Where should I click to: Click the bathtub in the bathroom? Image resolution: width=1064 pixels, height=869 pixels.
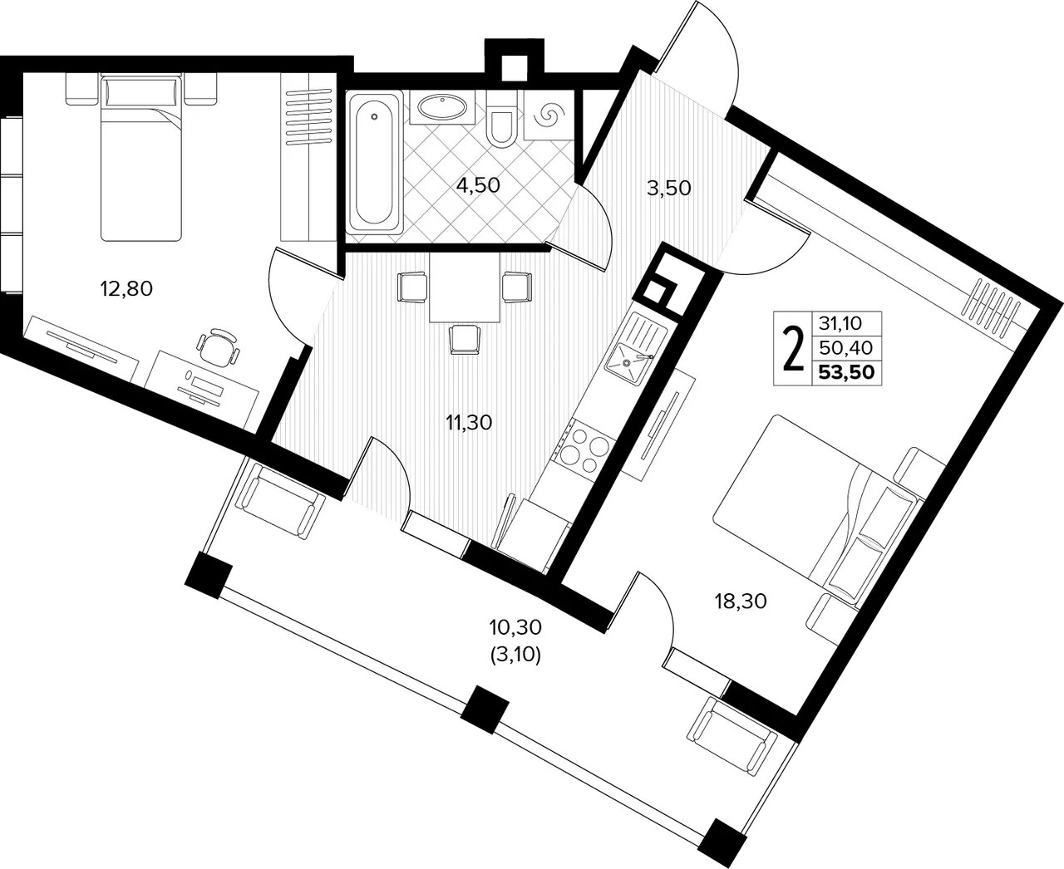pyautogui.click(x=374, y=161)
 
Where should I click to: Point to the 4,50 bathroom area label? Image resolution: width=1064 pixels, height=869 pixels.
pyautogui.click(x=478, y=185)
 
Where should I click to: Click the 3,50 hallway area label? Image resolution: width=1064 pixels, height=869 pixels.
pyautogui.click(x=668, y=188)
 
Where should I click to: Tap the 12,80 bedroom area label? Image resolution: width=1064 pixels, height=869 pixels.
pyautogui.click(x=126, y=289)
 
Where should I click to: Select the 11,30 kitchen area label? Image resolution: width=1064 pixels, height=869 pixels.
pyautogui.click(x=469, y=423)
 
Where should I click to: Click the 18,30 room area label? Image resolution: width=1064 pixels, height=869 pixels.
pyautogui.click(x=741, y=601)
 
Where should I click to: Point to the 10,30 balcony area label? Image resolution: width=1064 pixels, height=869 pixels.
pyautogui.click(x=515, y=627)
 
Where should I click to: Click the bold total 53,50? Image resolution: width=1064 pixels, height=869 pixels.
pyautogui.click(x=846, y=373)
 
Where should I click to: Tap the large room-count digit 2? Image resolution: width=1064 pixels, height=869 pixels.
pyautogui.click(x=792, y=348)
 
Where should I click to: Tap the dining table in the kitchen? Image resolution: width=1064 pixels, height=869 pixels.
pyautogui.click(x=464, y=287)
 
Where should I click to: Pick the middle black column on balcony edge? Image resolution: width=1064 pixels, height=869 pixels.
pyautogui.click(x=485, y=709)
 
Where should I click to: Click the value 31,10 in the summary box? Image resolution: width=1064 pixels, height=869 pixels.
pyautogui.click(x=840, y=323)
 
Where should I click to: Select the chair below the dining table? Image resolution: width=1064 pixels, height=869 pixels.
pyautogui.click(x=464, y=340)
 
